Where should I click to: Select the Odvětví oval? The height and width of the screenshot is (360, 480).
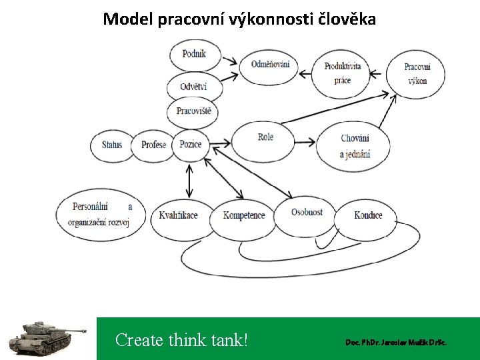(x=193, y=86)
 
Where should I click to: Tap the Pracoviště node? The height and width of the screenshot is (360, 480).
(x=194, y=111)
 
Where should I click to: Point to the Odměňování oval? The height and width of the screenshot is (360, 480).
(x=270, y=65)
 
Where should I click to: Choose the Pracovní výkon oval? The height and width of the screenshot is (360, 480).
(x=417, y=73)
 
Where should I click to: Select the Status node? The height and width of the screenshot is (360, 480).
(x=112, y=145)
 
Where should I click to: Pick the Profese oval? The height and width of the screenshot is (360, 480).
(x=154, y=145)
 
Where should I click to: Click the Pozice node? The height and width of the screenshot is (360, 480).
(x=191, y=145)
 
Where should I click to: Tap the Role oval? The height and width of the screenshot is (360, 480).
(x=265, y=137)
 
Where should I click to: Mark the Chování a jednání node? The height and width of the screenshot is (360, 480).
(x=355, y=147)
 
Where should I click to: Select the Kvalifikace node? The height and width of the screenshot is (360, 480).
(x=178, y=215)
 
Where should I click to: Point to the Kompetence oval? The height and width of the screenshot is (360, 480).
(x=244, y=215)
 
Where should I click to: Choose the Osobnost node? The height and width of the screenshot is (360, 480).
(x=306, y=213)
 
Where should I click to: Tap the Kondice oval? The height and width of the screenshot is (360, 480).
(x=368, y=215)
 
